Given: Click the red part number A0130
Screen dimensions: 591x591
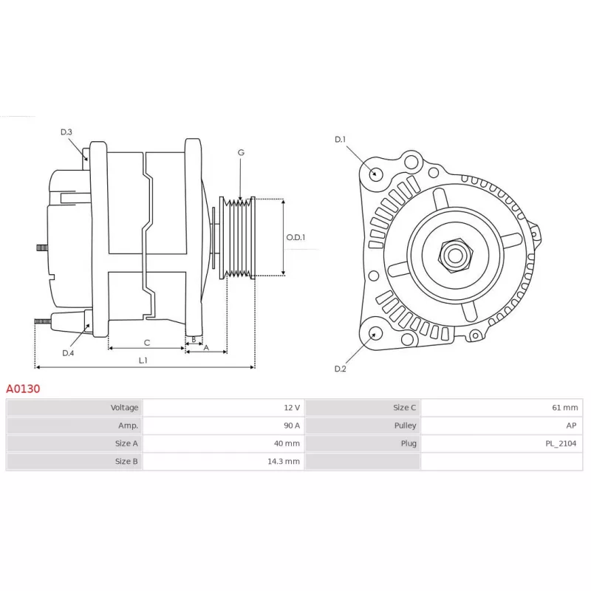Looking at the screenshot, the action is tap(23, 389).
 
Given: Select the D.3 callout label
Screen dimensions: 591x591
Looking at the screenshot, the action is tap(66, 132).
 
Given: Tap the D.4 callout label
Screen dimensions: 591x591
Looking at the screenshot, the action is tap(68, 353).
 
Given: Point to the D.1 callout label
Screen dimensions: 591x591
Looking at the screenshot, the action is tap(340, 140).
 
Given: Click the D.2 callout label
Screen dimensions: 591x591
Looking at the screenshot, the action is tap(340, 369).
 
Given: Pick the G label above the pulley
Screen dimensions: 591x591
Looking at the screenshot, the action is tap(241, 152).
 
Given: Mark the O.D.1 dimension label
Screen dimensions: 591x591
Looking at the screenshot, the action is tap(295, 237).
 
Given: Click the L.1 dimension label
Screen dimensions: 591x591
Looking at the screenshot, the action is tap(143, 361).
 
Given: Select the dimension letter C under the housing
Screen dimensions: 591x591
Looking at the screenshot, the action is tap(146, 343).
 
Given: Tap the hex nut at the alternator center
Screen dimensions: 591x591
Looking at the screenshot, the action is tap(455, 256).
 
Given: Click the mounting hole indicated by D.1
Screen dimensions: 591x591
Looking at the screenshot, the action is tap(375, 174).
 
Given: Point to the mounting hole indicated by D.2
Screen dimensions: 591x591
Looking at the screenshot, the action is tap(375, 334).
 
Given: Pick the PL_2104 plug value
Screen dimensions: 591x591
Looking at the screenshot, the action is tap(561, 444).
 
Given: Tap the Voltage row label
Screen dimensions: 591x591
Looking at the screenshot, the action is tap(124, 408).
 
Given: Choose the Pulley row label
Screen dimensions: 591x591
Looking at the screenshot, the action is tap(405, 426).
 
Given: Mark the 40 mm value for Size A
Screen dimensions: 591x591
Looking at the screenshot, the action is tap(287, 443).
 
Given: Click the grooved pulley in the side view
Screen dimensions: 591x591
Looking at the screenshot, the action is tap(237, 238).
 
